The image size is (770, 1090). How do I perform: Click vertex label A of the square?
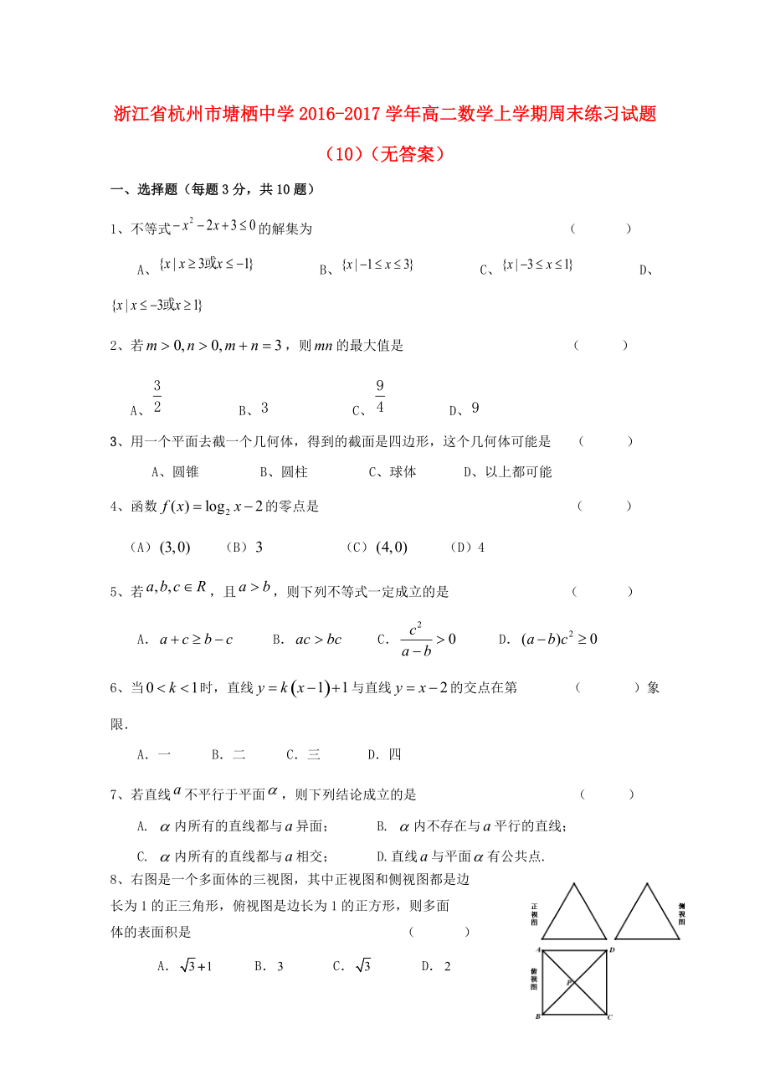click(x=537, y=949)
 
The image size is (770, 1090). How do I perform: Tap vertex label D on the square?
click(x=613, y=949)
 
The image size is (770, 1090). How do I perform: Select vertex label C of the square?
click(x=610, y=1017)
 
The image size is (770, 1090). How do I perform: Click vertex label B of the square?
click(x=537, y=1017)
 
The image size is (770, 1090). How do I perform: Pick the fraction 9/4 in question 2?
click(x=379, y=397)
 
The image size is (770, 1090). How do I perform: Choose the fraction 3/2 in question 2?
click(x=157, y=397)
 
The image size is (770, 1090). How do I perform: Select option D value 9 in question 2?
click(x=475, y=409)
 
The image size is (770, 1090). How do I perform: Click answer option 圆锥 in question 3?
click(x=186, y=472)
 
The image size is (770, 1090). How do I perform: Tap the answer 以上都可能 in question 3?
click(x=519, y=472)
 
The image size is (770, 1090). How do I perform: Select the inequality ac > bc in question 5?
click(x=319, y=640)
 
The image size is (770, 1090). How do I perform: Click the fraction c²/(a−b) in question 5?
click(x=415, y=640)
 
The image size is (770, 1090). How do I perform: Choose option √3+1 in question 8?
click(x=196, y=966)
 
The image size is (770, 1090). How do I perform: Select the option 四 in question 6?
click(x=395, y=754)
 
